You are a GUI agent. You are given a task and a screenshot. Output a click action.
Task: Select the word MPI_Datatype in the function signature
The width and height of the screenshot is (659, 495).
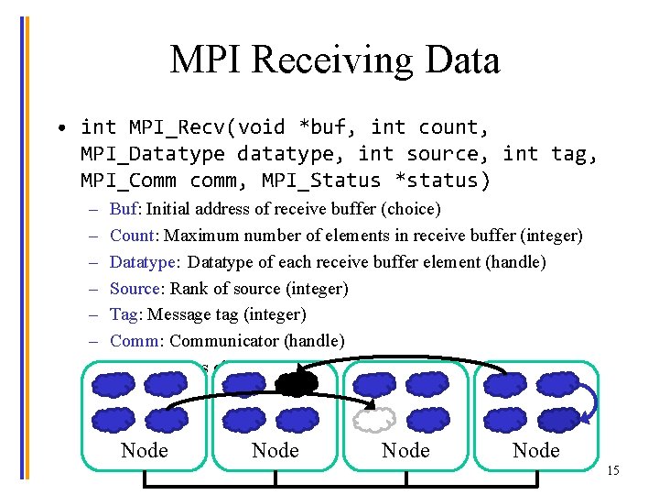coord(152,154)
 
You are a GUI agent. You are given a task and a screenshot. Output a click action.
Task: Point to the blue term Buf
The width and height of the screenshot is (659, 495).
coord(124,209)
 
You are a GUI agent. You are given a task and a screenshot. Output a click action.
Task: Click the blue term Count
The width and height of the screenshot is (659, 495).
coord(133,236)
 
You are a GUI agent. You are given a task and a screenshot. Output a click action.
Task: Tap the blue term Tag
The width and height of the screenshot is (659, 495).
coord(125,314)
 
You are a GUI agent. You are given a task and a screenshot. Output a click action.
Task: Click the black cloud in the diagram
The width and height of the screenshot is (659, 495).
coord(297,383)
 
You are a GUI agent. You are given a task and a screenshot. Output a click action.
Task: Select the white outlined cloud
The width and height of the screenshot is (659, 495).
coord(373,420)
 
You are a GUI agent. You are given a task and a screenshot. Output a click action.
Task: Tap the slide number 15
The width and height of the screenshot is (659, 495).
coord(612,470)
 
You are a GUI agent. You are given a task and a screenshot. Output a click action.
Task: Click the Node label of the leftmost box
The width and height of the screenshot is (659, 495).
coord(145,450)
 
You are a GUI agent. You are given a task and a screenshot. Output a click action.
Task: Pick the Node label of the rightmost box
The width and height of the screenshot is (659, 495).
coord(536,450)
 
